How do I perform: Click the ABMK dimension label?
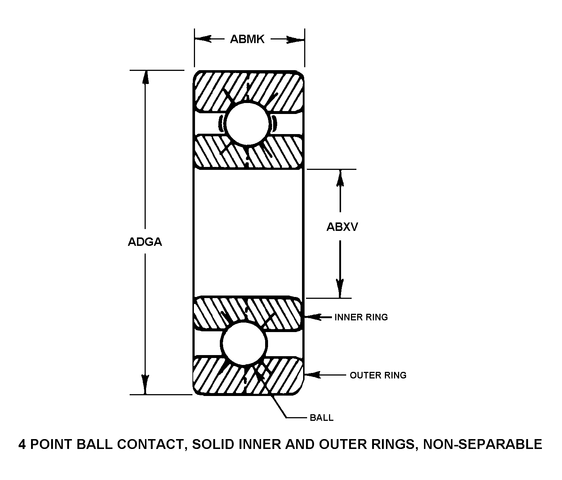tap(247, 39)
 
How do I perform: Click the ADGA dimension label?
tap(145, 242)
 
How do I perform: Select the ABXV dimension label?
tap(342, 227)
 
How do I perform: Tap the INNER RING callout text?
tap(361, 317)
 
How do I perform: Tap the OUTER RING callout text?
tap(378, 375)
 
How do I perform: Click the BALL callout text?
tap(321, 418)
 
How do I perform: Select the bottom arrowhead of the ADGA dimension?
tap(145, 386)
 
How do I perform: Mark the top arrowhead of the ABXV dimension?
tap(340, 178)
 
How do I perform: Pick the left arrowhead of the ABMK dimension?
tap(203, 39)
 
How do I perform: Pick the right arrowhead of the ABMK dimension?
tap(296, 39)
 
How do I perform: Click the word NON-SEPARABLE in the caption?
tap(482, 444)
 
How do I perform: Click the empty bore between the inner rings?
tap(248, 233)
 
